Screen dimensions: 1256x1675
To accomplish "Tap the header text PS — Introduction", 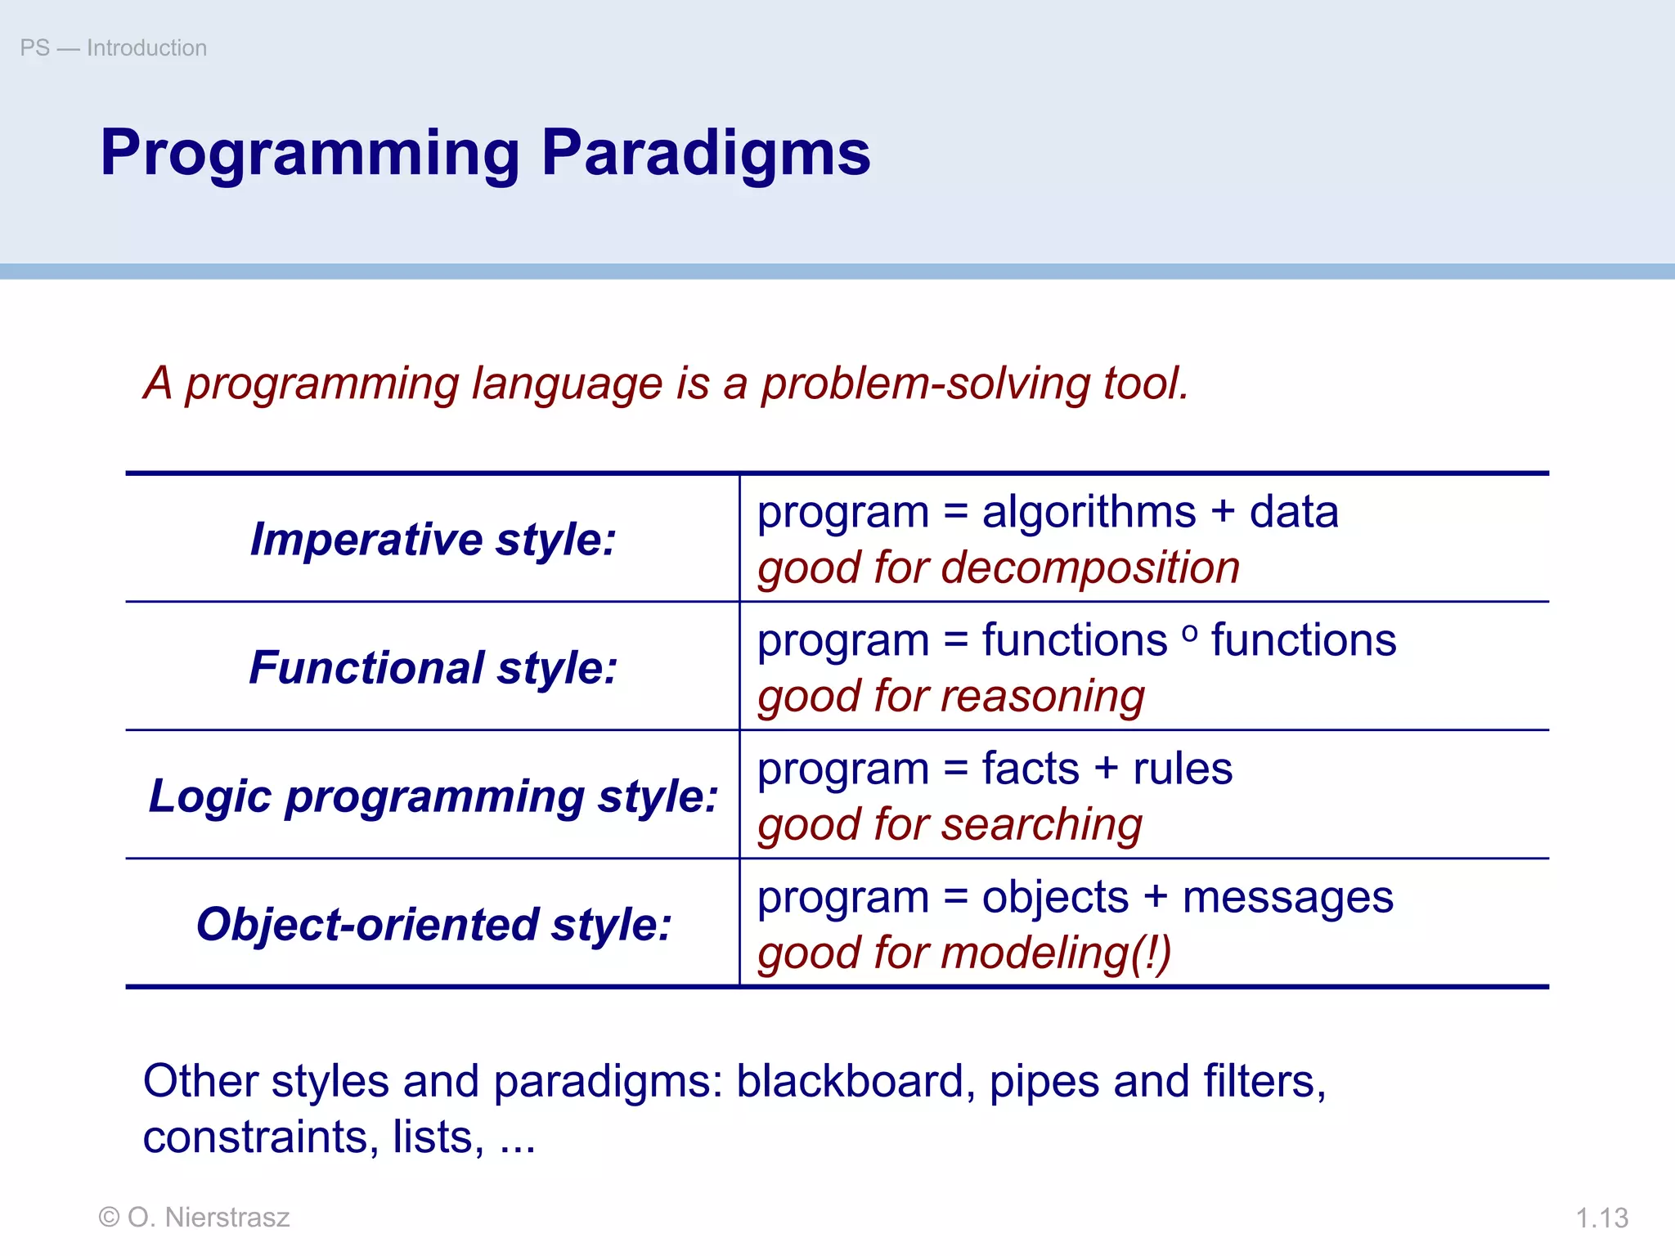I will point(113,48).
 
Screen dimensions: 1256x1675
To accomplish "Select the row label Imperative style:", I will point(433,540).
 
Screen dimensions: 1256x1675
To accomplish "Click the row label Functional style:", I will point(433,668).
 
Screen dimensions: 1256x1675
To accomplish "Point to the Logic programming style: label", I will point(433,796).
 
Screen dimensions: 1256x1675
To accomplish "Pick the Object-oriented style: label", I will point(433,925).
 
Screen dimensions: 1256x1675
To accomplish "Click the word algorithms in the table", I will point(1089,514).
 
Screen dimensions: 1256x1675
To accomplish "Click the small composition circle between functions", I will point(1190,632).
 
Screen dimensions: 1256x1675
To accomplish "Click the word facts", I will point(1031,769).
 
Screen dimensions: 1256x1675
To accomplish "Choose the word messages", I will point(1287,898).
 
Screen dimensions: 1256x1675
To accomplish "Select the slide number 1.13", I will point(1601,1218).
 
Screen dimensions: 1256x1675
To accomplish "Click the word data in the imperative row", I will point(1294,514).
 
